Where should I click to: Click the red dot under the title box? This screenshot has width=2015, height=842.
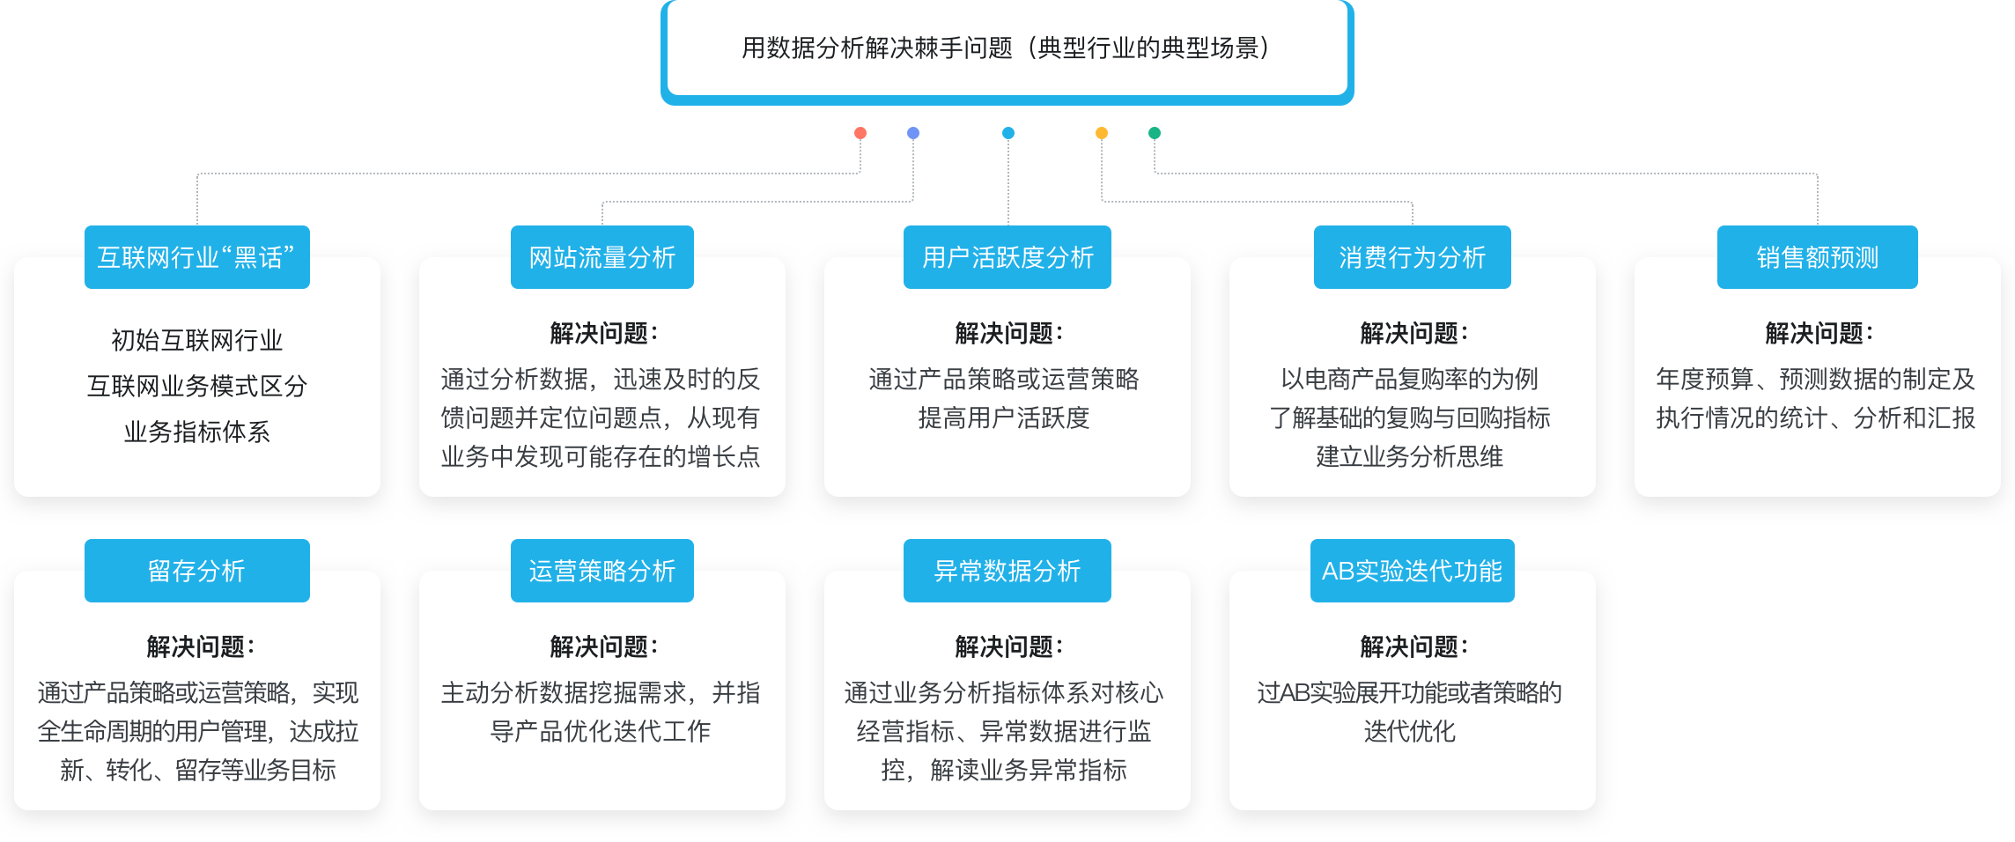tap(860, 133)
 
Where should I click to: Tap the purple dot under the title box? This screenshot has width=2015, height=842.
tap(913, 133)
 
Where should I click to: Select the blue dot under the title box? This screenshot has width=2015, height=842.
tap(1008, 133)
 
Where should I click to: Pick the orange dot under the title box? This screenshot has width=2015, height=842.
tap(1102, 133)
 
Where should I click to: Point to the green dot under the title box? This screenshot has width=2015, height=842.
tap(1155, 133)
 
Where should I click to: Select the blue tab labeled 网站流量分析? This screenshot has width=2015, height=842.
tap(602, 257)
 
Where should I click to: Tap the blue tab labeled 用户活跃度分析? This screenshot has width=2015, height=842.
tap(1008, 257)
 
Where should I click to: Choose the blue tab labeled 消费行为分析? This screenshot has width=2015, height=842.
tap(1413, 257)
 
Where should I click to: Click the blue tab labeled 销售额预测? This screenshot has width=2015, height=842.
tap(1818, 257)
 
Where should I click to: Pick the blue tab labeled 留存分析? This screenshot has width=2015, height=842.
tap(197, 571)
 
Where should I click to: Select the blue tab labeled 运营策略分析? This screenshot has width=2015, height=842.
tap(602, 571)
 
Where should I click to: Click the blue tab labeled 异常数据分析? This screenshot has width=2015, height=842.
tap(1008, 571)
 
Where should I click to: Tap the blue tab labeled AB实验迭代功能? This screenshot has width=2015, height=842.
tap(1413, 571)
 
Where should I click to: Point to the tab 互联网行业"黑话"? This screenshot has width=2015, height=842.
tap(197, 257)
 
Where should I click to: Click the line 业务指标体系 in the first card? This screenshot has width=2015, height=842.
tap(197, 432)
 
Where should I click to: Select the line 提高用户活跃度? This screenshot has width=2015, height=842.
tap(1004, 417)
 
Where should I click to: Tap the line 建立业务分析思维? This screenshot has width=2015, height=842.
tap(1410, 456)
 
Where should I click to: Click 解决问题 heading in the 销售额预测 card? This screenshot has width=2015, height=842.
tap(1818, 333)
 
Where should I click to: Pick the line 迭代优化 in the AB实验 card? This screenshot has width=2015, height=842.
tap(1410, 731)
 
